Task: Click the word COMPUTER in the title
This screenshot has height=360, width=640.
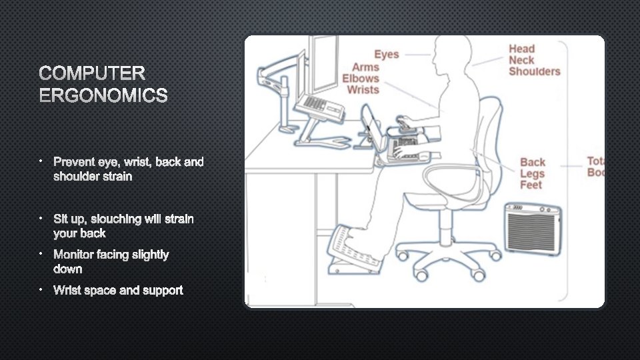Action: pos(92,73)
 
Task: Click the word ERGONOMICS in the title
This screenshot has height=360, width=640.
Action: pos(103,96)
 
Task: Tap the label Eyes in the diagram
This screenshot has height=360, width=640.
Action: pos(386,55)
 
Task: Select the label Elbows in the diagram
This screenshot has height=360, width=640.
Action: pos(361,79)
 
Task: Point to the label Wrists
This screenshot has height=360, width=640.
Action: pos(363,90)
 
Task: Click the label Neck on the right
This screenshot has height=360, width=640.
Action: pos(522,60)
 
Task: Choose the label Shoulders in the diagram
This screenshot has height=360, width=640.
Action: pos(534,71)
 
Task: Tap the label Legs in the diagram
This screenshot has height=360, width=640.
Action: pos(532,173)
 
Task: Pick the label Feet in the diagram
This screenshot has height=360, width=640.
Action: pos(531,185)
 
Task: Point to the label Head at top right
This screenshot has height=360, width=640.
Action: pos(521,49)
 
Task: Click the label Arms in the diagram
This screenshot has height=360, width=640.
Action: pos(365,67)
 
